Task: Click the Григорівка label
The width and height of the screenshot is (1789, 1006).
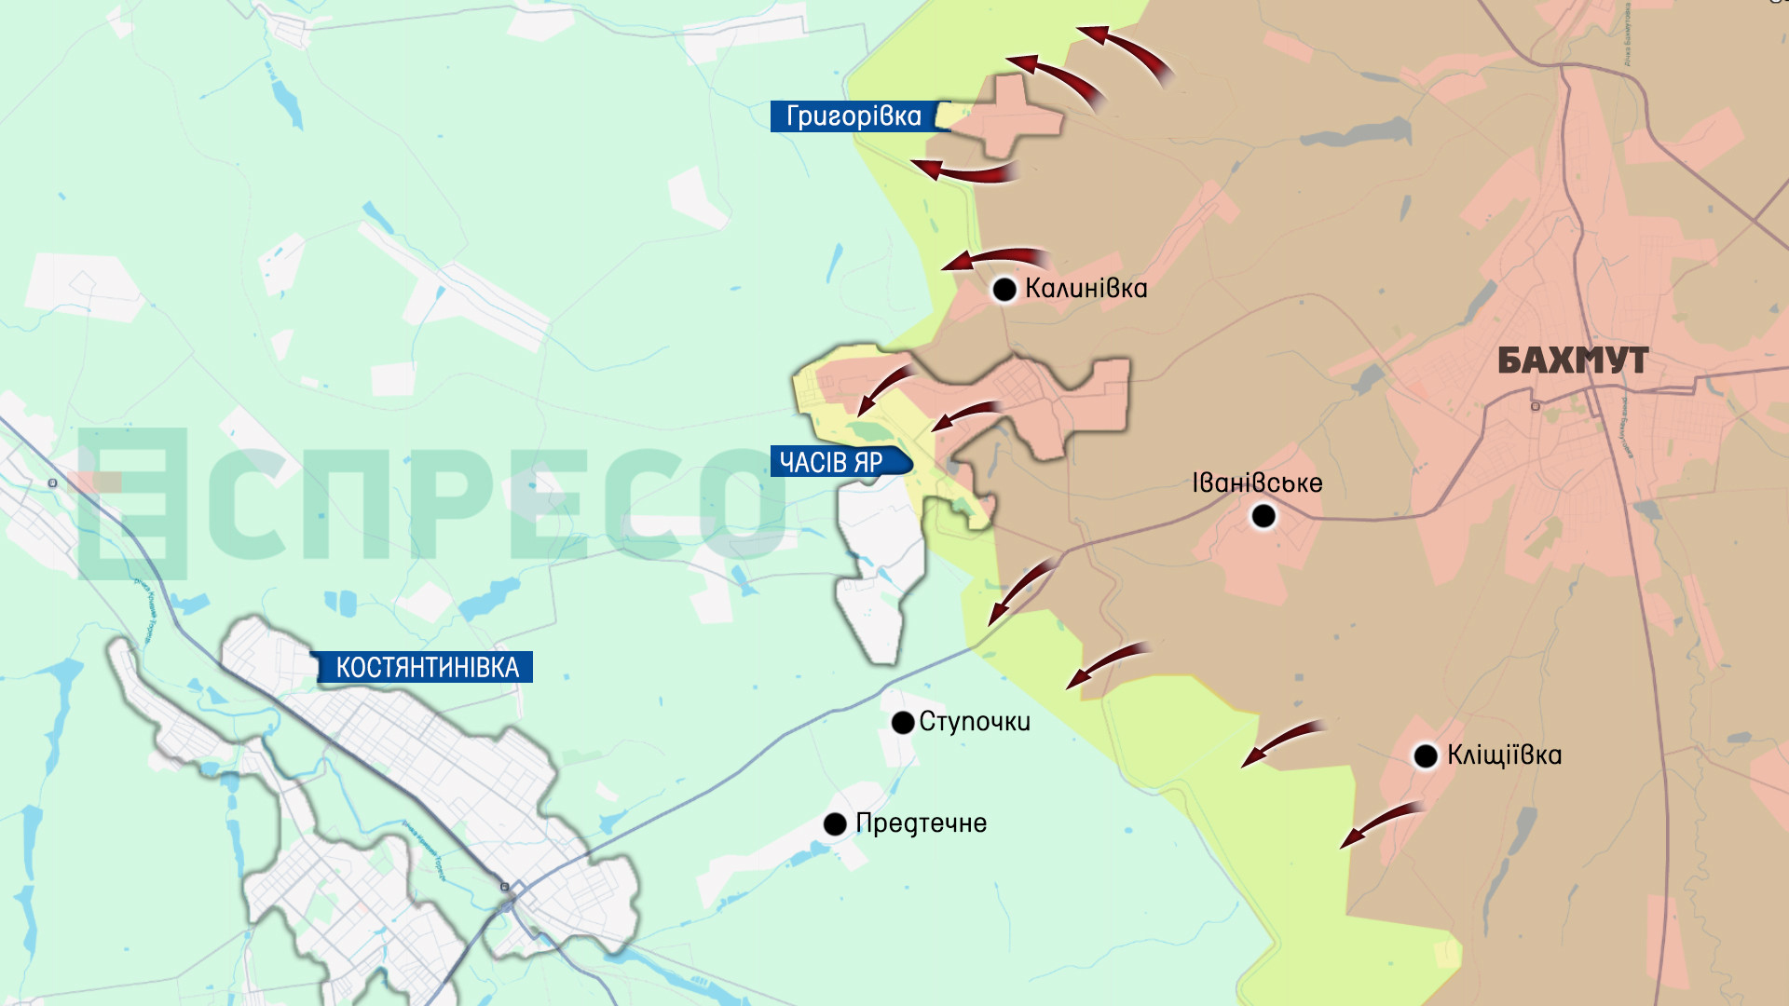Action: tap(854, 116)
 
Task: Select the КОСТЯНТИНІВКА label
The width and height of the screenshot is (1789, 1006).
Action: tap(426, 668)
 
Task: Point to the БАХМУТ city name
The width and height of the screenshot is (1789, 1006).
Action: tap(1573, 361)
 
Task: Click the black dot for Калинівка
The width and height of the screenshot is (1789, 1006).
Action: tap(1004, 290)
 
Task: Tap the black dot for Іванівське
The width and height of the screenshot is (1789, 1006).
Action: tap(1263, 516)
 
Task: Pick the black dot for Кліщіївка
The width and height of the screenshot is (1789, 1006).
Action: tap(1426, 756)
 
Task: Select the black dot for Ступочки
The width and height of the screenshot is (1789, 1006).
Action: tap(903, 723)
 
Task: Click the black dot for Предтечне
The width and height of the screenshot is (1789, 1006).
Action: tap(835, 824)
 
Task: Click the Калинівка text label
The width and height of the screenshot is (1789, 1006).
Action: tap(1086, 289)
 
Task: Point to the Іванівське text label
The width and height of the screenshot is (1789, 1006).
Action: tap(1257, 483)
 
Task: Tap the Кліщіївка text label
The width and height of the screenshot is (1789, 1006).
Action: tap(1504, 755)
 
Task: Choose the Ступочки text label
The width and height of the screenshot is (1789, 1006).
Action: tap(975, 722)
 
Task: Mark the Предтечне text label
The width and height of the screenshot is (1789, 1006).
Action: tap(921, 823)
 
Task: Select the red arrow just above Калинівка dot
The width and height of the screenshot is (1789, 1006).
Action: tap(993, 258)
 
